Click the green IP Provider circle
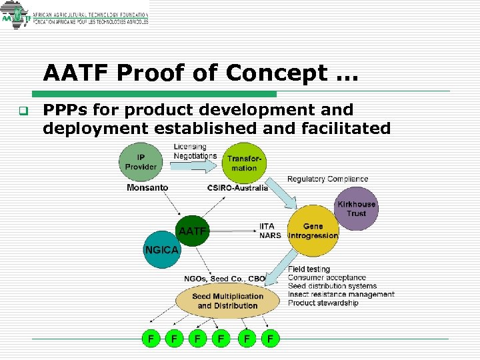point(141,162)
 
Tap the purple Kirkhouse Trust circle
point(356,209)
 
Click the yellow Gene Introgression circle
point(313,231)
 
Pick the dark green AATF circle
point(191,231)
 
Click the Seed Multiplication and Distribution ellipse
point(227,301)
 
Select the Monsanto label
point(147,188)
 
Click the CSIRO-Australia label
point(238,188)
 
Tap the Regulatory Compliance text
point(327,179)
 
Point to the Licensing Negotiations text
point(194,151)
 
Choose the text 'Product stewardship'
point(323,303)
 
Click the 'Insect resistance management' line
point(341,295)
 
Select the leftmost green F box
point(151,339)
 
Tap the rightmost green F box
point(270,339)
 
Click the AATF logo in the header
point(16,18)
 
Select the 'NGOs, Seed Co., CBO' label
point(225,279)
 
